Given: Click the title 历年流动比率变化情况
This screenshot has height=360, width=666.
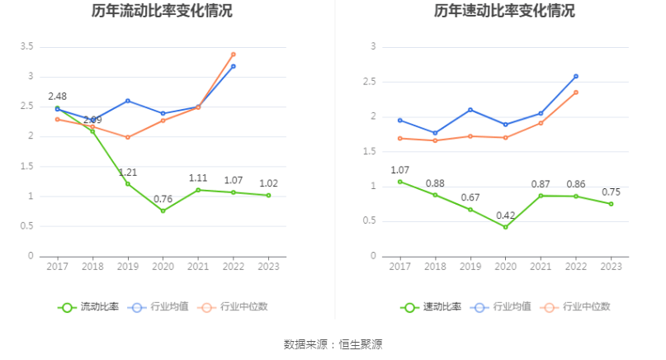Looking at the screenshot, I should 162,12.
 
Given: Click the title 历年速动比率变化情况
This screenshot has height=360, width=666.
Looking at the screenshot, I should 504,12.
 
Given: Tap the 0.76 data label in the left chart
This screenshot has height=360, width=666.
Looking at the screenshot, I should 163,198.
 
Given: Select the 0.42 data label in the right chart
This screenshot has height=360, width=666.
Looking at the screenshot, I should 505,215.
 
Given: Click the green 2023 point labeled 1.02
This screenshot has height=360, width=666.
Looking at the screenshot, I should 268,195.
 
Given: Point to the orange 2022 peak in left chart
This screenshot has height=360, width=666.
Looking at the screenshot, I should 233,54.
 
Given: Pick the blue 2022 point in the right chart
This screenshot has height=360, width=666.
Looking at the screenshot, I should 575,76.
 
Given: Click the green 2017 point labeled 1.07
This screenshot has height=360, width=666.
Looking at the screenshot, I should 400,182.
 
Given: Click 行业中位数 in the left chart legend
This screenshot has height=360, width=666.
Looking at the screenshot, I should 239,306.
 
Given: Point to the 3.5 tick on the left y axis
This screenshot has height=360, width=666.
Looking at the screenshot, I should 27,46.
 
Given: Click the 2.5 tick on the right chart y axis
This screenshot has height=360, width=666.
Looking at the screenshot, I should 370,82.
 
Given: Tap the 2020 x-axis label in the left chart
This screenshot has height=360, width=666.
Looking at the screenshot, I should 163,267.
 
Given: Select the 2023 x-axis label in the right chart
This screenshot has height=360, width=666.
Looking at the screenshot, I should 611,267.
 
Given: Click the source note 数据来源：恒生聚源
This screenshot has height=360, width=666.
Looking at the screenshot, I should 333,343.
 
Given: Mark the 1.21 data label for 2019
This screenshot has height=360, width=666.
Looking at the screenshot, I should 128,172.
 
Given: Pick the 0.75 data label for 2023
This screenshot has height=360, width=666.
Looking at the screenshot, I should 611,192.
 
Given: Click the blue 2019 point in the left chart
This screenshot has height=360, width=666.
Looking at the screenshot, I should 127,101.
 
